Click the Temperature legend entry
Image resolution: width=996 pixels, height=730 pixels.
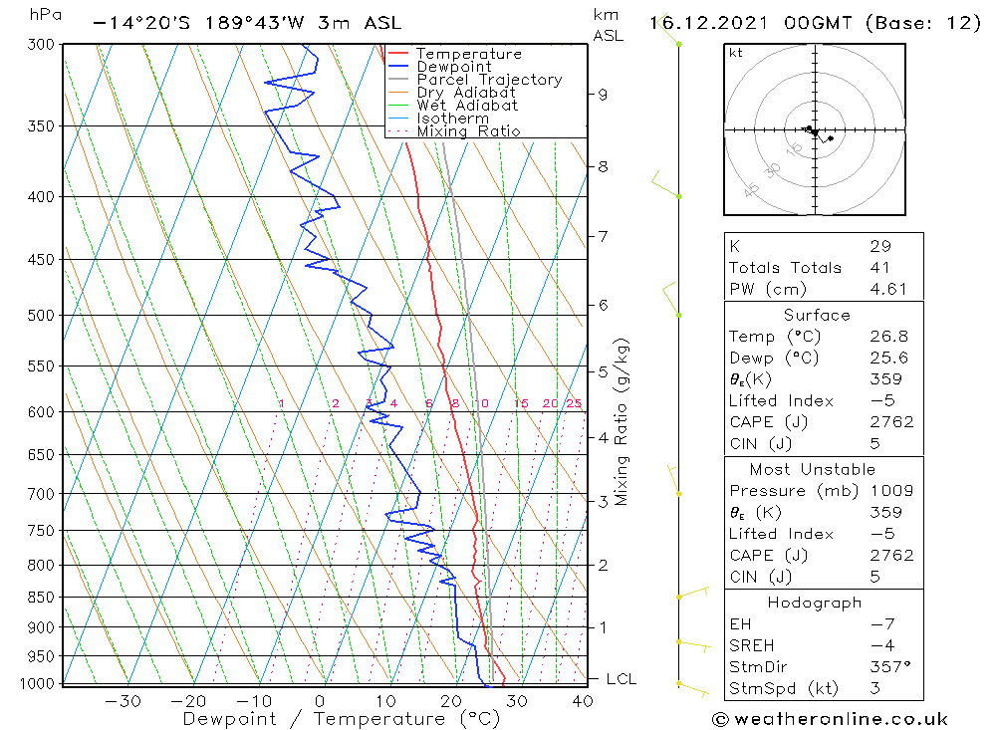pyautogui.click(x=468, y=54)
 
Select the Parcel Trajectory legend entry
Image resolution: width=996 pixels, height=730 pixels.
pyautogui.click(x=488, y=80)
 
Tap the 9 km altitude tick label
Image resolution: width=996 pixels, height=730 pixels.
pyautogui.click(x=603, y=95)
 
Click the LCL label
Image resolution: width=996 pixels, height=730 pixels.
pyautogui.click(x=621, y=679)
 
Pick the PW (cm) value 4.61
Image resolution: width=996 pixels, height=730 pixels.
pyautogui.click(x=886, y=289)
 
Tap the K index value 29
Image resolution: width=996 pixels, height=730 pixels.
pyautogui.click(x=879, y=246)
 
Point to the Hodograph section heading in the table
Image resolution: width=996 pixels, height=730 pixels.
pyautogui.click(x=814, y=603)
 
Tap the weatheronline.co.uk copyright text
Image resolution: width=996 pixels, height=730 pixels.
pyautogui.click(x=830, y=719)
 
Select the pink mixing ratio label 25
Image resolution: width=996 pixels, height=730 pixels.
pyautogui.click(x=574, y=403)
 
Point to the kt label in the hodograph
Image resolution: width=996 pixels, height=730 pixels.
pyautogui.click(x=735, y=53)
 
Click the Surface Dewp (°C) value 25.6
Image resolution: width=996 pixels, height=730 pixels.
pyautogui.click(x=885, y=358)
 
